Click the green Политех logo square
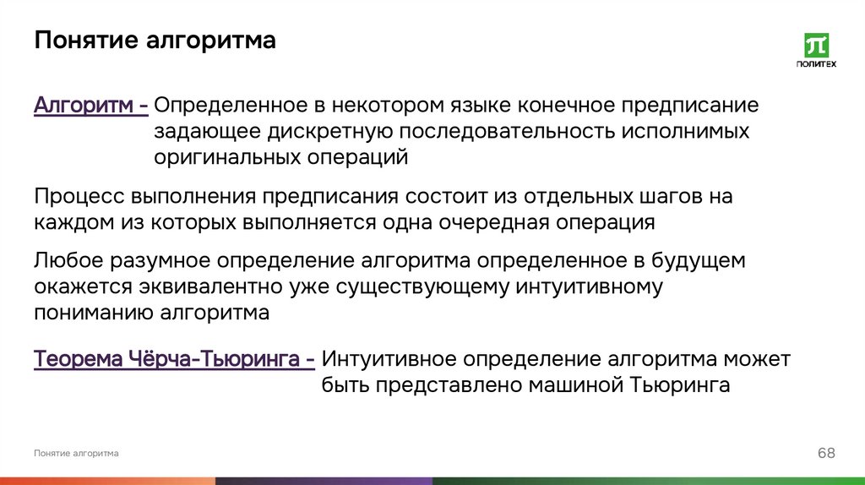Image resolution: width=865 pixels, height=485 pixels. [817, 46]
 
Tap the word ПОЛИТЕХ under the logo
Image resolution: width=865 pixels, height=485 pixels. [817, 65]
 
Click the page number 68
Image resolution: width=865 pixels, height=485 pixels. [825, 454]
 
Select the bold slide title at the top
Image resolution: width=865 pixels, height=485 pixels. [155, 41]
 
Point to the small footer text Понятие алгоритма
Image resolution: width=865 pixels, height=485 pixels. [76, 454]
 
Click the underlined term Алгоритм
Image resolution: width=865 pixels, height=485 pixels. [84, 106]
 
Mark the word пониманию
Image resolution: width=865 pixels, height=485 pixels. [90, 312]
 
